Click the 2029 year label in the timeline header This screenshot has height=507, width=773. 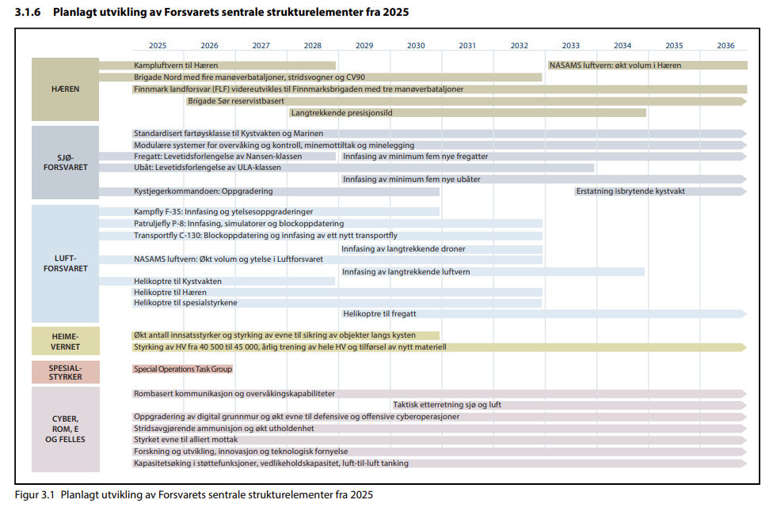[364, 45]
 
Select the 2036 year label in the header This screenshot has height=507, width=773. [725, 45]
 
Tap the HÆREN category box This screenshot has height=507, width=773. [66, 89]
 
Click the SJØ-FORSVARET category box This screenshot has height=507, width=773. [66, 162]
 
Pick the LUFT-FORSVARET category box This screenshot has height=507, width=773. [66, 263]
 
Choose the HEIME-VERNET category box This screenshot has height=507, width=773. [66, 341]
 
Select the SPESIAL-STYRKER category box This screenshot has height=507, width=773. [66, 373]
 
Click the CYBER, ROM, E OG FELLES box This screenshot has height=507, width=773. [66, 429]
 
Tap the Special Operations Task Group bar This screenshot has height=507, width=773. [182, 369]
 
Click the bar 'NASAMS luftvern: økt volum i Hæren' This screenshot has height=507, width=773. [646, 66]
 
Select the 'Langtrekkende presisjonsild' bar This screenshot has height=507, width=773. [467, 113]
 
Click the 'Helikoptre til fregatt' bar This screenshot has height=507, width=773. [543, 314]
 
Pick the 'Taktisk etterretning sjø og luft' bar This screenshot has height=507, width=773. [569, 405]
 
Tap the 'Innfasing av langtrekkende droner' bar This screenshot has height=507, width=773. [440, 249]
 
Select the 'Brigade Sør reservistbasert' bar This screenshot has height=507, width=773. [466, 101]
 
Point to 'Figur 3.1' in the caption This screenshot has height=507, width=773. [35, 495]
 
